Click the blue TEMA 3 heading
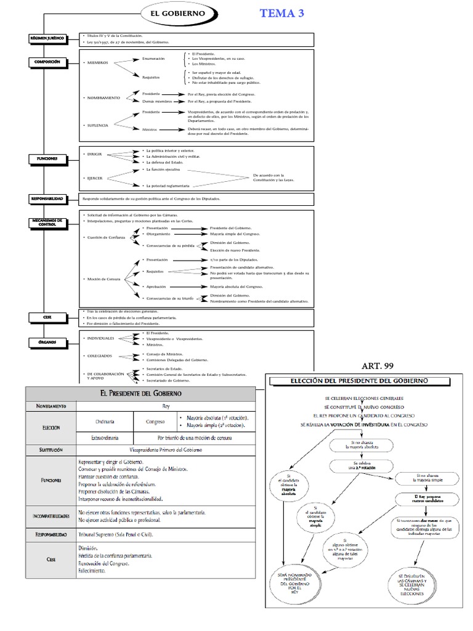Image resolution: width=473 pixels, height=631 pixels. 282,13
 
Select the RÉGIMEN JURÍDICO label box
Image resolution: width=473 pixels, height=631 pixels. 47,38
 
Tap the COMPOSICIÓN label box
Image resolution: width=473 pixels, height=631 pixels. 47,62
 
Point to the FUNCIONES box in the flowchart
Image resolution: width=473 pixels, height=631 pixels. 47,158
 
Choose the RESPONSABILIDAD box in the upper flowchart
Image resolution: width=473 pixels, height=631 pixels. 47,199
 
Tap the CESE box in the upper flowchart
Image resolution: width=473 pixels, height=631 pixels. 47,317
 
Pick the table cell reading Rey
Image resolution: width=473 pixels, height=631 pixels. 164,406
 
